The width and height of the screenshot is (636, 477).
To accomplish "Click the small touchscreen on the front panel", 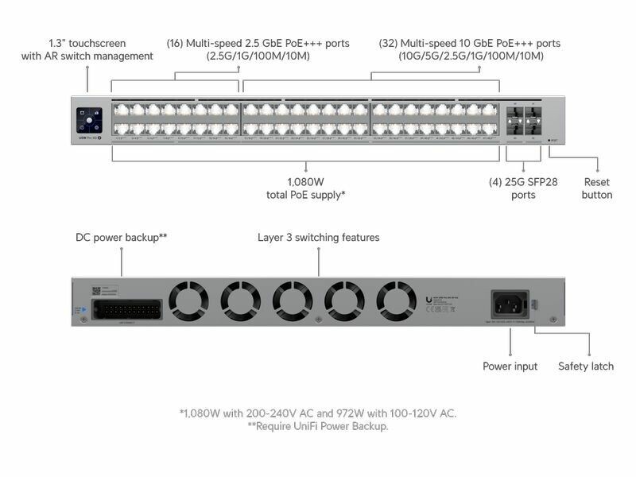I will (87, 119).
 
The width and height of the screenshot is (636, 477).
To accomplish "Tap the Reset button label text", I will (597, 188).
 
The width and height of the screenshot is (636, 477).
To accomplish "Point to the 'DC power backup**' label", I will (121, 238).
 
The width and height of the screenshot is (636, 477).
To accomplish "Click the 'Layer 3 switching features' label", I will (319, 238).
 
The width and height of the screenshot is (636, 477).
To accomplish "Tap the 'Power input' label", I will (510, 366).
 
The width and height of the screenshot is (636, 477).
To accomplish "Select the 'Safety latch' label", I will (585, 366).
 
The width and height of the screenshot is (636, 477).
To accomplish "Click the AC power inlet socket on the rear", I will (510, 304).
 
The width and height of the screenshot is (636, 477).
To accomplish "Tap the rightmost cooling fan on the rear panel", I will (396, 300).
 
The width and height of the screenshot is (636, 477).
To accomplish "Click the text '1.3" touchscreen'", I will (87, 43).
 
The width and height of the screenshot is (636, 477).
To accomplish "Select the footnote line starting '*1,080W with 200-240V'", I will (318, 413).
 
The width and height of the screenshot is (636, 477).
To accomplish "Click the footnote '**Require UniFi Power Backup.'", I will (318, 427).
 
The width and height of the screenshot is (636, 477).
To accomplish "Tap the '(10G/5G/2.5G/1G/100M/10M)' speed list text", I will (471, 56).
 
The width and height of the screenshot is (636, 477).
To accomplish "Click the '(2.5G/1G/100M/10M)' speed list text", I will (258, 56).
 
